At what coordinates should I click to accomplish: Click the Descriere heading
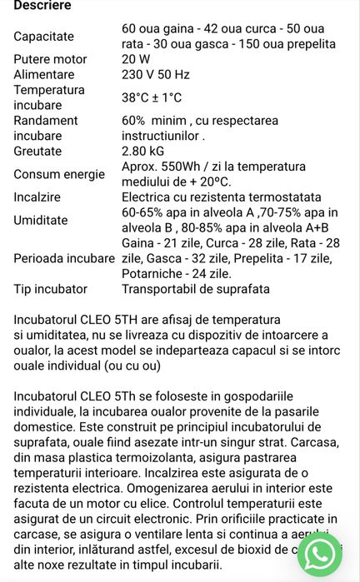coord(42,6)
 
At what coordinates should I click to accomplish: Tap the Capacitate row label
coord(43,37)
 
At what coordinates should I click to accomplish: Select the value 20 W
coord(137,59)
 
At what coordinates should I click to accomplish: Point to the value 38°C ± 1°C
coord(152,97)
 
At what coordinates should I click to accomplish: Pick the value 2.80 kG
coord(144,152)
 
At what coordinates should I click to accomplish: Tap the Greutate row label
coord(37,152)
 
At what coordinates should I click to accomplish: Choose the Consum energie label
coord(59,174)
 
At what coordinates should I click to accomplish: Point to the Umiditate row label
coord(40,220)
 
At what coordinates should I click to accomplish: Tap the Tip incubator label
coord(50,289)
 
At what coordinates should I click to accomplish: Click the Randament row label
coord(46,121)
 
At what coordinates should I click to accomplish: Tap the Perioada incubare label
coord(64,258)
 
